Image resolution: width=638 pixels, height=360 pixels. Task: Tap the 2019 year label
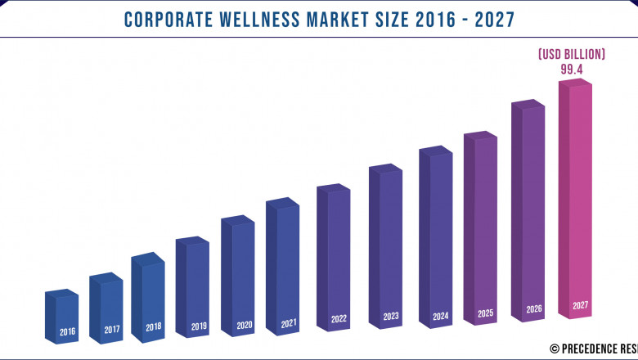point(199,326)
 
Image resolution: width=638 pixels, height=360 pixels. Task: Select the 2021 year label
point(289,323)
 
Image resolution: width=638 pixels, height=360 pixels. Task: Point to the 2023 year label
point(391,316)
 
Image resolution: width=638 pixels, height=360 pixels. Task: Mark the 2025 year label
point(486,313)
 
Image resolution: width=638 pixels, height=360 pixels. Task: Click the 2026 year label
point(533,309)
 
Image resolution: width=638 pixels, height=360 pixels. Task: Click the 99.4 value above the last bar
point(571,70)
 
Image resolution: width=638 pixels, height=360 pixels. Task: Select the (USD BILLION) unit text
point(571,55)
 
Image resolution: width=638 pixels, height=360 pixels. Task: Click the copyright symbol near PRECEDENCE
point(554,348)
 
